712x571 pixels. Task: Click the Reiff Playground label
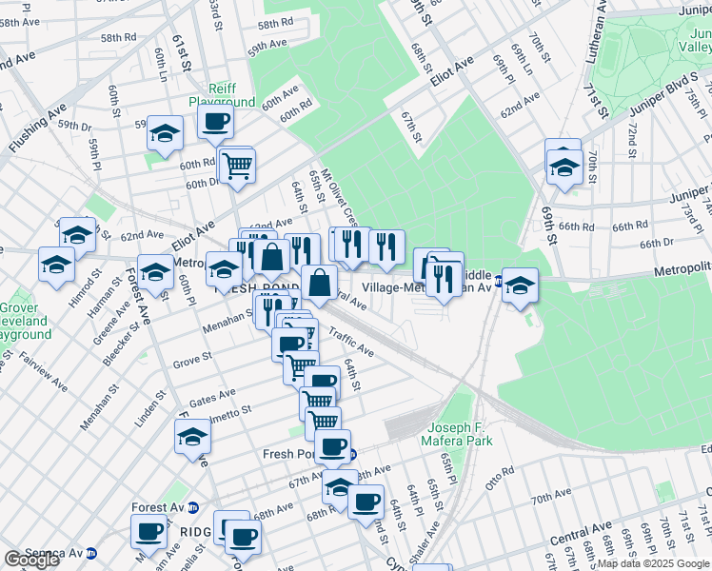click(x=222, y=94)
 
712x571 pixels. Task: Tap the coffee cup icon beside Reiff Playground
click(x=215, y=122)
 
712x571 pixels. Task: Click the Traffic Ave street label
click(x=351, y=345)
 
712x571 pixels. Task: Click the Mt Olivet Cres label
click(x=338, y=194)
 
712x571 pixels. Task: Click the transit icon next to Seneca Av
click(x=91, y=552)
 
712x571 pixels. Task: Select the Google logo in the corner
click(x=31, y=560)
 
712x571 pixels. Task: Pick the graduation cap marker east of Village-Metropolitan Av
click(x=520, y=285)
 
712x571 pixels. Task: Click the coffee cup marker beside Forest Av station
click(x=150, y=532)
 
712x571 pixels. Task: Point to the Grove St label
click(x=192, y=362)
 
